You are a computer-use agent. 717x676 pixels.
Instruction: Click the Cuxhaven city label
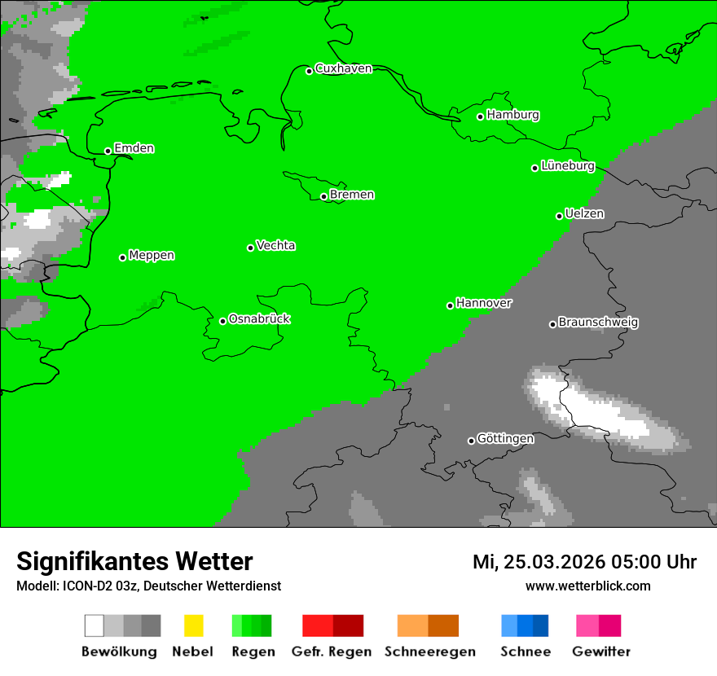[x=343, y=68]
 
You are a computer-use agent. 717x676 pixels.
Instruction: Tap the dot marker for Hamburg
[x=481, y=116]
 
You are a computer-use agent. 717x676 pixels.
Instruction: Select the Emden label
[x=134, y=148]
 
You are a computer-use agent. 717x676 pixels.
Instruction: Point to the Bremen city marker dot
[x=323, y=196]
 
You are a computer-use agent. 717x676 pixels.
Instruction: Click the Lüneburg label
[x=567, y=165]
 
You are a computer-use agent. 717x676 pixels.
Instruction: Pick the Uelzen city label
[x=584, y=213]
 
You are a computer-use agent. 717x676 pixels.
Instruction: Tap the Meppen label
[x=152, y=255]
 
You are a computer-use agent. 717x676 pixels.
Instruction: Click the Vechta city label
[x=275, y=245]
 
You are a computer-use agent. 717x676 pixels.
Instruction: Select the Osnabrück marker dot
[x=222, y=321]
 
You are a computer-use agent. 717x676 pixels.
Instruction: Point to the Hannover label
[x=484, y=303]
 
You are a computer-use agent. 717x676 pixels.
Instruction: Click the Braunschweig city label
[x=598, y=322]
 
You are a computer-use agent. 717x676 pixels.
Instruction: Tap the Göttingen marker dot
[x=471, y=441]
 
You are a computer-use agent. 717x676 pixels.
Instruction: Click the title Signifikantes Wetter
[x=134, y=561]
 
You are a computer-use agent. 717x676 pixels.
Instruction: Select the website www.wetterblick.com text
[x=587, y=586]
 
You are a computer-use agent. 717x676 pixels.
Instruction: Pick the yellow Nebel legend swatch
[x=193, y=626]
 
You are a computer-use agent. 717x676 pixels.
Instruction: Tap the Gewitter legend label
[x=600, y=652]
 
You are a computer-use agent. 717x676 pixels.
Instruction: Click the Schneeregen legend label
[x=429, y=652]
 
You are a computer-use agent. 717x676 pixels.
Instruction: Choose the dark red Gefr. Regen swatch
[x=348, y=626]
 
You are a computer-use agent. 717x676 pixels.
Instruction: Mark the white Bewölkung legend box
[x=95, y=626]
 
